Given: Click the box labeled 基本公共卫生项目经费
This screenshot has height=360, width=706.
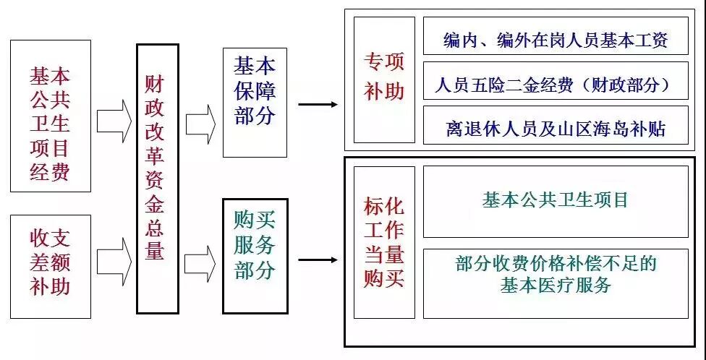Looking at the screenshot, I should [51, 116].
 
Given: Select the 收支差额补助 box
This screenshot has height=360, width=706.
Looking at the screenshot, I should [51, 266].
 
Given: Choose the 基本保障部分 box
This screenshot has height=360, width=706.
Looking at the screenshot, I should [255, 102].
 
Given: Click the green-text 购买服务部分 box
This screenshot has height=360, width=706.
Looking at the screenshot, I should [255, 256].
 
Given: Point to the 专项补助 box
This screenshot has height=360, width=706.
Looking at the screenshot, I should [384, 80].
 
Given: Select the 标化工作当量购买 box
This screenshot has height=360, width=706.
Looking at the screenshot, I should [384, 242].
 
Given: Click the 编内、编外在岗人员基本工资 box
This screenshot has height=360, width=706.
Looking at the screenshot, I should [556, 40].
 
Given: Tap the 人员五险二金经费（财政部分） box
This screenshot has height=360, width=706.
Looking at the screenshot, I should [556, 85].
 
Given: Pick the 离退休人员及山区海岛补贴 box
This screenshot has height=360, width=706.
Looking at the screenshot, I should [556, 129].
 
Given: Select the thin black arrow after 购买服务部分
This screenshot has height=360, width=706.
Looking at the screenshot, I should [318, 260].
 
